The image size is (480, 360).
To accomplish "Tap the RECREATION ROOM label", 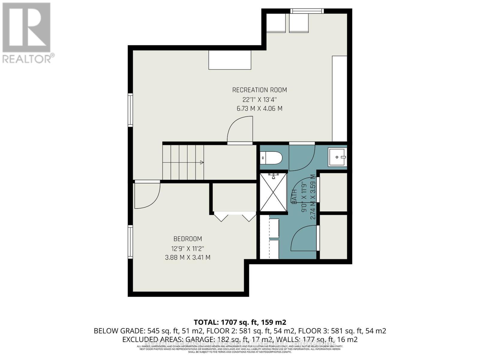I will [x=259, y=90].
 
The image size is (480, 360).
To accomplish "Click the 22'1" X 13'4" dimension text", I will [x=259, y=99].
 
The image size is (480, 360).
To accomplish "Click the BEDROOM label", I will [x=188, y=239].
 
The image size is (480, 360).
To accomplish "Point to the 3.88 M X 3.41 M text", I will [x=188, y=257].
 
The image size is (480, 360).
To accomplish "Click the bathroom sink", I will [x=337, y=157].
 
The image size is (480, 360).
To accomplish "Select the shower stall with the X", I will [x=273, y=192].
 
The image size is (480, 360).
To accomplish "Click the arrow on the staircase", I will [x=202, y=162].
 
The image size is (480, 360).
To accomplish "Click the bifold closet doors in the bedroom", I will [x=235, y=217].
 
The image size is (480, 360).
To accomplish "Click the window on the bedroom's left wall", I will [x=130, y=242].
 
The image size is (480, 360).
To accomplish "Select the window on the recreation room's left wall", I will [x=130, y=109].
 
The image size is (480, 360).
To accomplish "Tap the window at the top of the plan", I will [x=307, y=11].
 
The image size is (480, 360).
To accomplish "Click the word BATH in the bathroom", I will [x=294, y=196].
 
